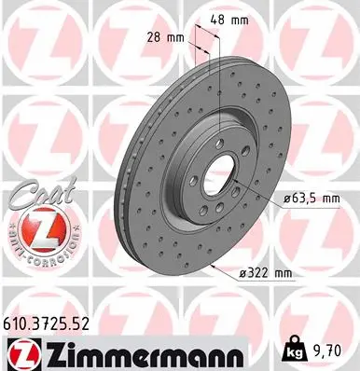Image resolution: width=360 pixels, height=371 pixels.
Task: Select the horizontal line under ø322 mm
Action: click(270, 281)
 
